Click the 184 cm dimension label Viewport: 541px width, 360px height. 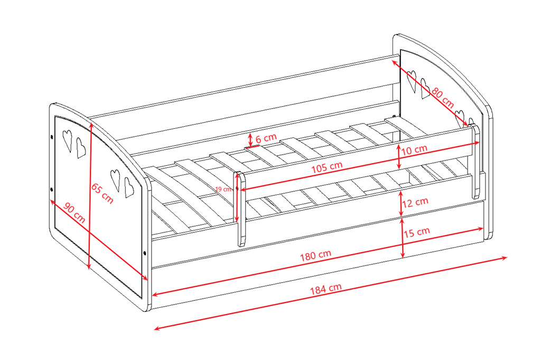click(325, 289)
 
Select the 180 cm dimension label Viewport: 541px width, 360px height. click(315, 255)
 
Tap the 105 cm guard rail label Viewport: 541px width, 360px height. click(327, 167)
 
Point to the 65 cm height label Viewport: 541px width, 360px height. click(102, 193)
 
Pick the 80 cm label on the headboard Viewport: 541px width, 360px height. click(443, 98)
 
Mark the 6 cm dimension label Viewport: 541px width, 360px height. click(266, 138)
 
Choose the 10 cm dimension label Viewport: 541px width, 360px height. click(414, 150)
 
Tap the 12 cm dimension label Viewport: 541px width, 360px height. click(415, 202)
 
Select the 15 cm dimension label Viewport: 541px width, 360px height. click(417, 232)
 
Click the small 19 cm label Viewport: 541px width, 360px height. click(223, 190)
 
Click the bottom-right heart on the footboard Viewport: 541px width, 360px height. click(129, 187)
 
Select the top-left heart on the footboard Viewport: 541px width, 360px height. click(67, 140)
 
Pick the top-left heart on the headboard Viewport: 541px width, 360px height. click(412, 81)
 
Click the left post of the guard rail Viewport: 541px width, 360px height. click(241, 209)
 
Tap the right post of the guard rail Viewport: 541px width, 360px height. click(475, 161)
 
